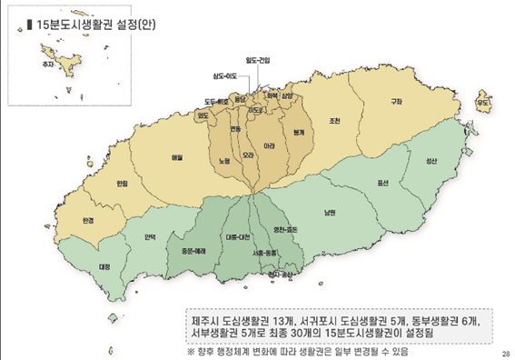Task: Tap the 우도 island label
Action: coord(482,104)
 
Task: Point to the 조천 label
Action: coord(335,121)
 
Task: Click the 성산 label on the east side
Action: coord(431,161)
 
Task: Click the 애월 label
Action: coord(177,156)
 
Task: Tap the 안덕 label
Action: coord(150,238)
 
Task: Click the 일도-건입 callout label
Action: coord(259,59)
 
